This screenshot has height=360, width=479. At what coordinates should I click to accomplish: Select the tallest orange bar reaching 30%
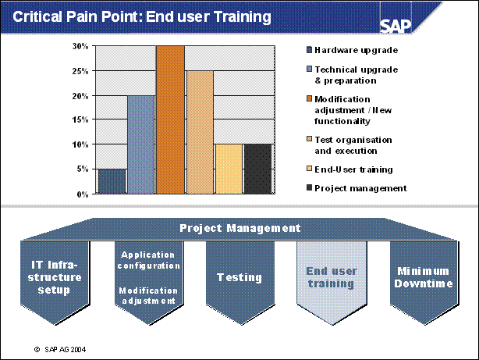point(170,119)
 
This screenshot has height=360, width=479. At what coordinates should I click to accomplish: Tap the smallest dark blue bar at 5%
point(112,181)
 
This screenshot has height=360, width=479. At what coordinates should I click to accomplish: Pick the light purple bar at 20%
point(140,144)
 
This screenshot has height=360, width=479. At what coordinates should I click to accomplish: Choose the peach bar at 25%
point(200,132)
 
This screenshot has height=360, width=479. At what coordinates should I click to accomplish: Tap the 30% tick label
point(82,46)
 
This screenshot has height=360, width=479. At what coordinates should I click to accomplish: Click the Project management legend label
point(361,187)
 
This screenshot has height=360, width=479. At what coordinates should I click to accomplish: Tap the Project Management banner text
point(239,228)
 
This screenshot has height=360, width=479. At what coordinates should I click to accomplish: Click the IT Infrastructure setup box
point(49,278)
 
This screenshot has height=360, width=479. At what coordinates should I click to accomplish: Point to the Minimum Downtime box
point(424,277)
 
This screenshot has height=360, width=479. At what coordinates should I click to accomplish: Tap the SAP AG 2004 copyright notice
point(65,349)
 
